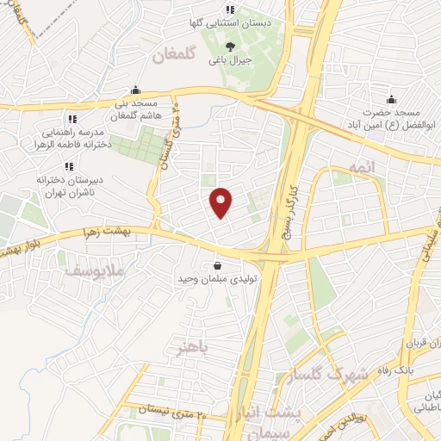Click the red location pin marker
pyautogui.click(x=222, y=202)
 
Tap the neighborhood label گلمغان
pyautogui.click(x=176, y=57)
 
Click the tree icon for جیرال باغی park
pyautogui.click(x=229, y=47)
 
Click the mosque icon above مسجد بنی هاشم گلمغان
pyautogui.click(x=135, y=90)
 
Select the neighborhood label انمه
pyautogui.click(x=361, y=166)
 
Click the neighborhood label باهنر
pyautogui.click(x=189, y=348)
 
